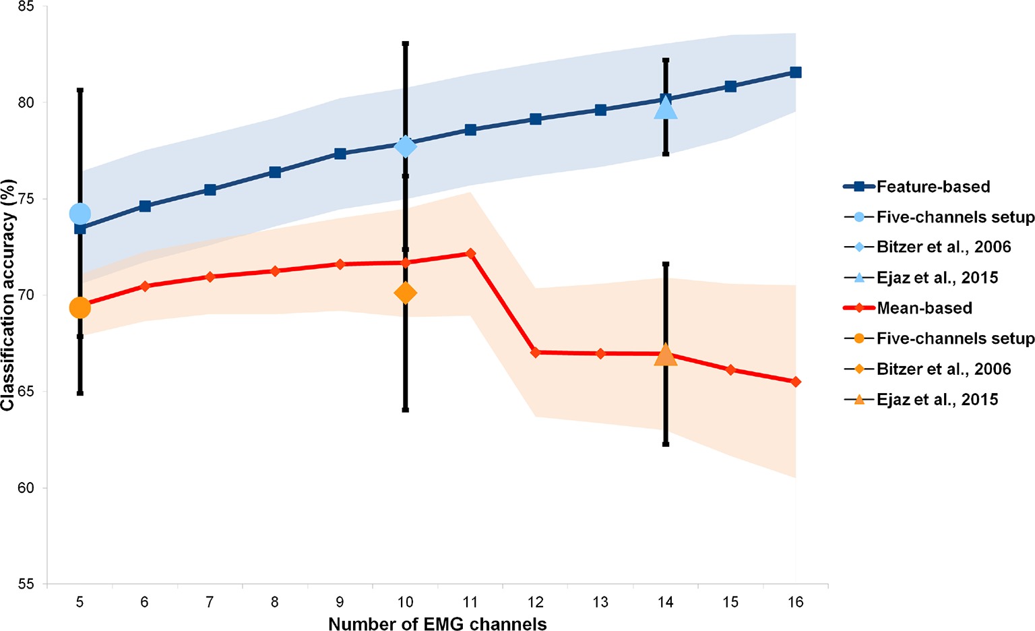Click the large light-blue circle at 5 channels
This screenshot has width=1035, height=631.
[80, 214]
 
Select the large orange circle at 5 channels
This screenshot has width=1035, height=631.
[80, 308]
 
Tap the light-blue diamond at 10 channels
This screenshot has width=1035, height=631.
[405, 146]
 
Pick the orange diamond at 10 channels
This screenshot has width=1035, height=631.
[405, 293]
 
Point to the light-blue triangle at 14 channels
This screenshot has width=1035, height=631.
[665, 107]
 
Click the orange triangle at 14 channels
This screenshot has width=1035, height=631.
[665, 355]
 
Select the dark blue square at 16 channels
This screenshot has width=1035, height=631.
[795, 72]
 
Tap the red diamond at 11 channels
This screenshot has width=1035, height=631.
[470, 253]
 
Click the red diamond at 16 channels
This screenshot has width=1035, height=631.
[795, 382]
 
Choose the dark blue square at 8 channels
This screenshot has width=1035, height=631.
[275, 172]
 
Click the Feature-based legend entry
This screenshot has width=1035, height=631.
[933, 187]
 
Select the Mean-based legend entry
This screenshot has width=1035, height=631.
[924, 308]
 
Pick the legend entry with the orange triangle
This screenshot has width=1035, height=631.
[937, 399]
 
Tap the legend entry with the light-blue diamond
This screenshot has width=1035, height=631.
[943, 247]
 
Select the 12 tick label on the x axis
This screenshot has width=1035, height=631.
[535, 602]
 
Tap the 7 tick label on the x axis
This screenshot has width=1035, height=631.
[210, 602]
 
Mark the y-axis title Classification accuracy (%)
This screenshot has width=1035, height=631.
[8, 295]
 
